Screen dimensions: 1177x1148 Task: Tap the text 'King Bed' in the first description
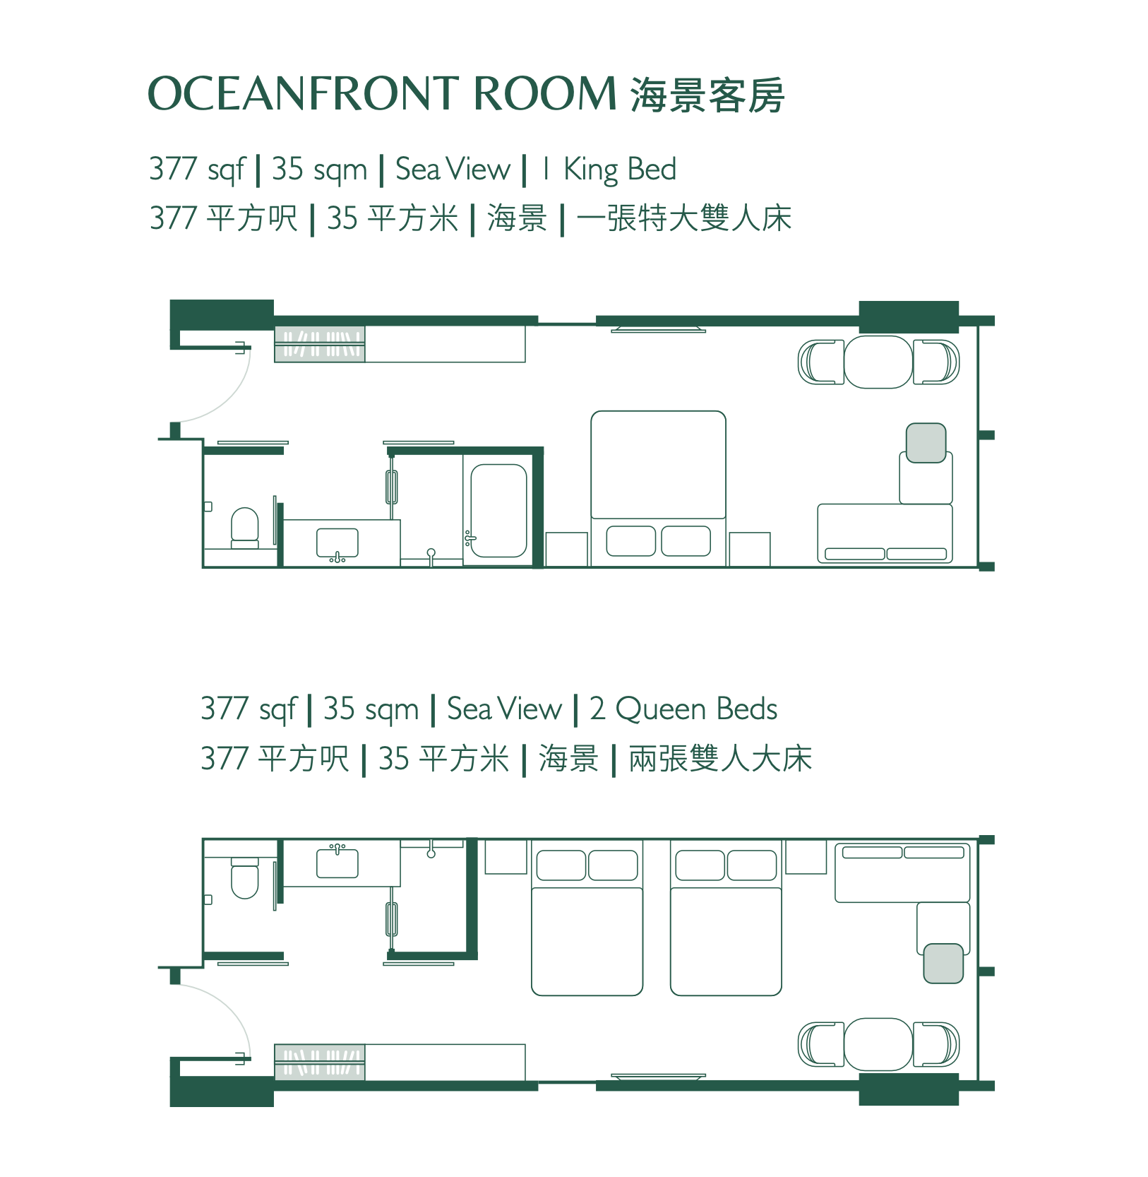tap(619, 170)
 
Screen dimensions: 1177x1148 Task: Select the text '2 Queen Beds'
tap(683, 709)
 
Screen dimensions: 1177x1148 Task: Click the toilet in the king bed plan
tap(245, 526)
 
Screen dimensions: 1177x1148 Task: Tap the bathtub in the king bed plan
tap(498, 510)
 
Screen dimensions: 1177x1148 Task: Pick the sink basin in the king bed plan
tap(337, 542)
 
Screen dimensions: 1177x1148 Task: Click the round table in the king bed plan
tap(878, 362)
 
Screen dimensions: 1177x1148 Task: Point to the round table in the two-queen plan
tap(878, 1044)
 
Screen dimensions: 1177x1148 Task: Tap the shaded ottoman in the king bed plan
tap(926, 443)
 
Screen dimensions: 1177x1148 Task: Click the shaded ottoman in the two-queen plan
tap(943, 963)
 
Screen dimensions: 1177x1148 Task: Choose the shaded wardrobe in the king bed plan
tap(320, 345)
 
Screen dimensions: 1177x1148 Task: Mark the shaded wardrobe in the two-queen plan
tap(320, 1062)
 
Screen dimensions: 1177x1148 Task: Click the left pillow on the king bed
tap(631, 541)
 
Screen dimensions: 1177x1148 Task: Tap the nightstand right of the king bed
tap(749, 549)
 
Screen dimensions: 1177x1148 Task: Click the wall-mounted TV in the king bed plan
tap(658, 329)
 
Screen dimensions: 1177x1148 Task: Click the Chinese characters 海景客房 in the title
tap(707, 95)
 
